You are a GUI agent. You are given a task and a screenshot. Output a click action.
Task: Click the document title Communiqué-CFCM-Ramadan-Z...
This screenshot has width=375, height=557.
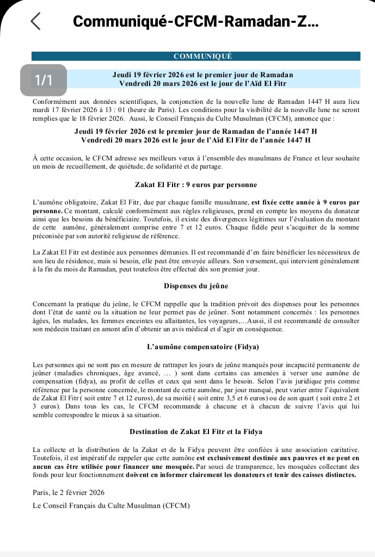[195, 21]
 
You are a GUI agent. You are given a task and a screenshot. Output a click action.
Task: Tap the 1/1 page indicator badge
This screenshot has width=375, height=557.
[44, 80]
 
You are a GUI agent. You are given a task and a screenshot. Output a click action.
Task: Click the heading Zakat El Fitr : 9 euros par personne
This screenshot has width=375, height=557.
[195, 185]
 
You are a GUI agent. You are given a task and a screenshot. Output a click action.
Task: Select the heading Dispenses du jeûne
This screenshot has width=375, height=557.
[196, 286]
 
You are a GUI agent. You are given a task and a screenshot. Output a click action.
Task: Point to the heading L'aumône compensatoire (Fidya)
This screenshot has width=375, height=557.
[195, 346]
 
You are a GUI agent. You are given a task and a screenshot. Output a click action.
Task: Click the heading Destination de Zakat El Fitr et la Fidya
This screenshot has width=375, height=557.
[196, 431]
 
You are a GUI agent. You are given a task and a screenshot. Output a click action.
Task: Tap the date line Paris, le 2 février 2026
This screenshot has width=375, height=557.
[69, 492]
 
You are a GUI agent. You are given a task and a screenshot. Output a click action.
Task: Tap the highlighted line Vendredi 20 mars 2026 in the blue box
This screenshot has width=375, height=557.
[202, 83]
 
